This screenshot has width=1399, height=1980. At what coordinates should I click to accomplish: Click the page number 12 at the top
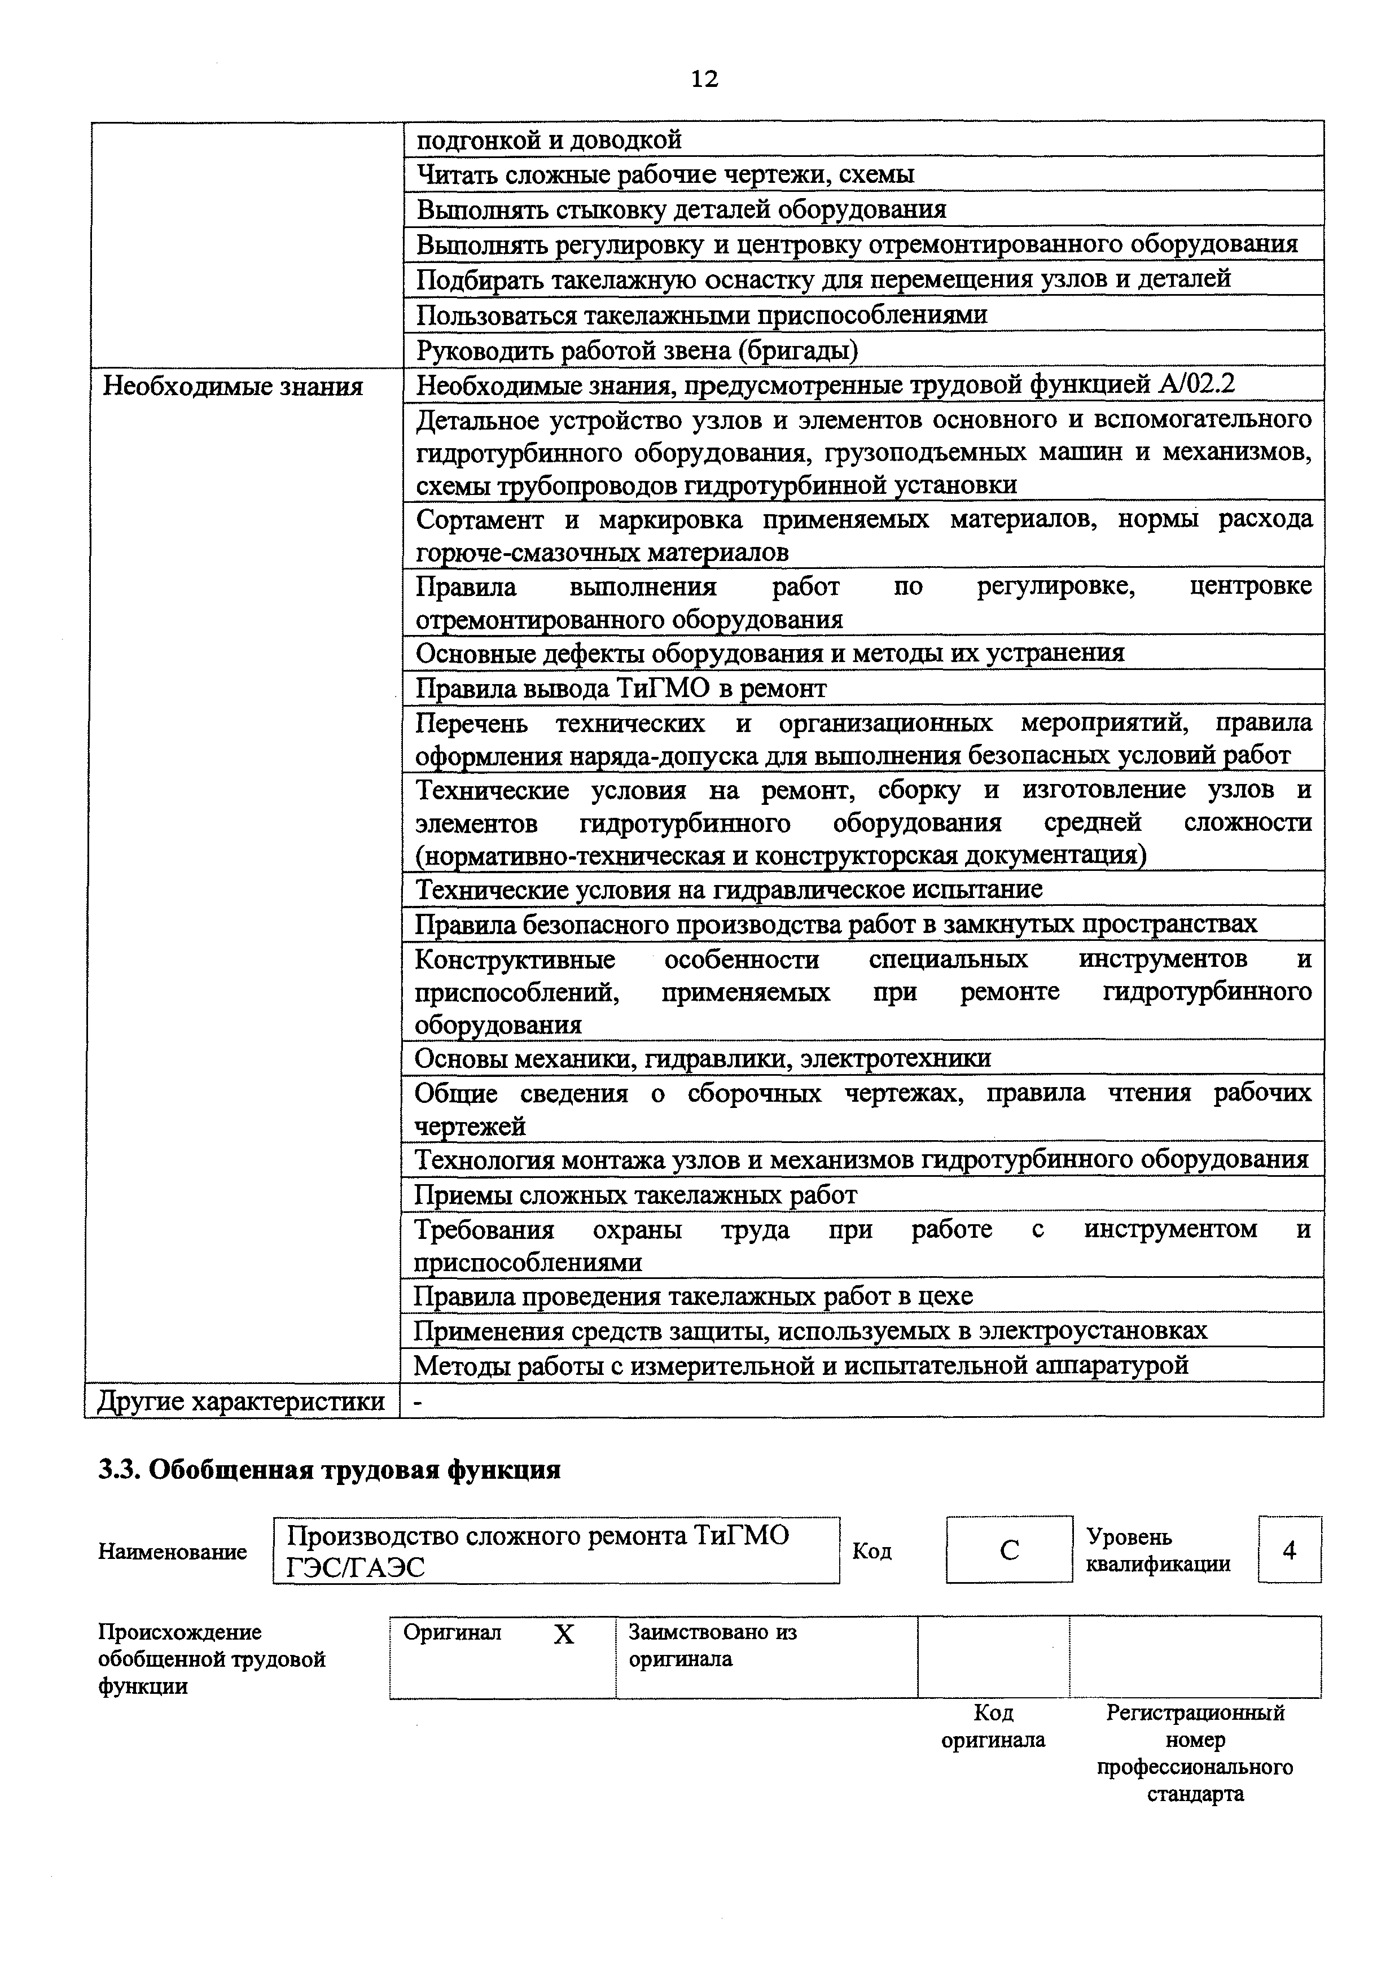[x=704, y=80]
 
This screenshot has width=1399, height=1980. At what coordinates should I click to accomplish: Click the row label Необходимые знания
[x=233, y=386]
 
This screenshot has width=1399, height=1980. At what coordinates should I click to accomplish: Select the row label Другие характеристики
[x=242, y=1401]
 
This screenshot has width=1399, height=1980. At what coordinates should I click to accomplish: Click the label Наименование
[x=172, y=1552]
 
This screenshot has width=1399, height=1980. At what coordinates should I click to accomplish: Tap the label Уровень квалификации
[x=1157, y=1550]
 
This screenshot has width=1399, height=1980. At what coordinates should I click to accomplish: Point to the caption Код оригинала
[x=993, y=1725]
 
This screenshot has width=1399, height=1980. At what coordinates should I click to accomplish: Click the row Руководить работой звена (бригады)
[x=637, y=350]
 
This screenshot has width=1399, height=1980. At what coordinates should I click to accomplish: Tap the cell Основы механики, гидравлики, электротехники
[x=703, y=1058]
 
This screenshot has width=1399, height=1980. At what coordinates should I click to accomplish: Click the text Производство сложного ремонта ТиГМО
[x=538, y=1536]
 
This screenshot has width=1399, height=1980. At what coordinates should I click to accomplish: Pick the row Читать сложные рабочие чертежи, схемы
[x=665, y=175]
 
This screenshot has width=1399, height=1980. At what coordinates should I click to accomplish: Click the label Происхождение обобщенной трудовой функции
[x=211, y=1659]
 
